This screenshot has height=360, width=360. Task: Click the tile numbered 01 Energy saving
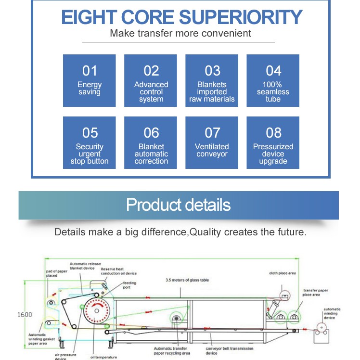click(x=90, y=80)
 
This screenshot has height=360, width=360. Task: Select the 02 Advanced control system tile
click(x=151, y=80)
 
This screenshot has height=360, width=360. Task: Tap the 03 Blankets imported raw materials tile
click(x=212, y=80)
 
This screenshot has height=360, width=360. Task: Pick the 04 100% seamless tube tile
click(x=273, y=80)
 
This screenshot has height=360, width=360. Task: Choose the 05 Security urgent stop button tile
click(x=90, y=142)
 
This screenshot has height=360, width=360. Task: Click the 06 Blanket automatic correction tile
click(x=151, y=142)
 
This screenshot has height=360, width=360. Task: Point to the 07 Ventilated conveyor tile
click(x=212, y=142)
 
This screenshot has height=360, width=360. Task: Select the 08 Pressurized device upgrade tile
click(x=273, y=142)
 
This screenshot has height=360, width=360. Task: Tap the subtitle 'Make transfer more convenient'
click(x=180, y=34)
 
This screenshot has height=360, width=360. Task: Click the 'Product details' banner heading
click(x=179, y=205)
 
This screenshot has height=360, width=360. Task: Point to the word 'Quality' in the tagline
click(x=206, y=232)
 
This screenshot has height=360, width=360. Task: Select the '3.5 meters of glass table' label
click(x=187, y=280)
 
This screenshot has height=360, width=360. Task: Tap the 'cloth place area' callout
click(x=283, y=273)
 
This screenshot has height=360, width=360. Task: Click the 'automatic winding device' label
click(x=332, y=313)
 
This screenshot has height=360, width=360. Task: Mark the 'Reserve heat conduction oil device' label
click(x=118, y=271)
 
